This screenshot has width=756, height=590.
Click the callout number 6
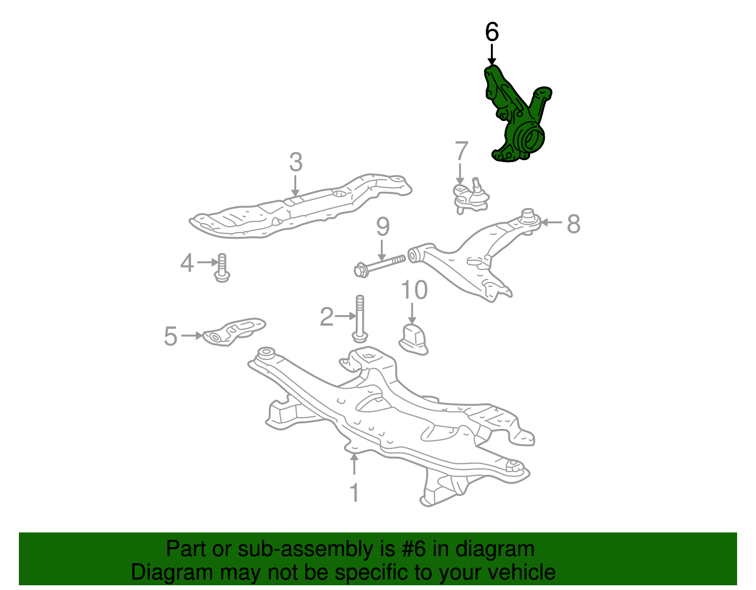point(491,32)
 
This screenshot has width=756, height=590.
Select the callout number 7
point(461,151)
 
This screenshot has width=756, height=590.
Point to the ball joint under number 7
point(470,197)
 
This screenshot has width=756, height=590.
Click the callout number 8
point(573,223)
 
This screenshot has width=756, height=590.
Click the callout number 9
point(383,227)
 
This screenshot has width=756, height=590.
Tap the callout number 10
point(414,290)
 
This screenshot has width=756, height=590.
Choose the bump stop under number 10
point(413,339)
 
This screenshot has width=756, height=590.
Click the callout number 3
point(296,162)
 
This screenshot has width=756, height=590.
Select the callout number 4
point(187,263)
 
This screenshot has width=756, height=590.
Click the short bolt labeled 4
point(222,268)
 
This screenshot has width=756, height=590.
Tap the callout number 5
point(171,336)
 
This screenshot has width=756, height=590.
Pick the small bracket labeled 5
point(234,332)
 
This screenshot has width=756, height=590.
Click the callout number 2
point(326,316)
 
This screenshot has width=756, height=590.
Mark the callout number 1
point(354,492)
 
